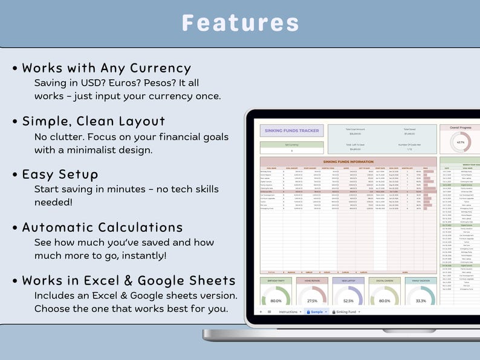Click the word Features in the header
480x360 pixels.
240,23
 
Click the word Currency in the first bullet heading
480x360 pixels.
161,68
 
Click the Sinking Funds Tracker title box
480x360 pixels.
291,130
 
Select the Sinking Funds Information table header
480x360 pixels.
348,162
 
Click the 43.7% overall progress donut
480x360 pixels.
461,142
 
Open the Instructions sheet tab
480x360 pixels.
288,312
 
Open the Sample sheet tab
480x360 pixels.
316,312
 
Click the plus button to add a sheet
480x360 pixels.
261,312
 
